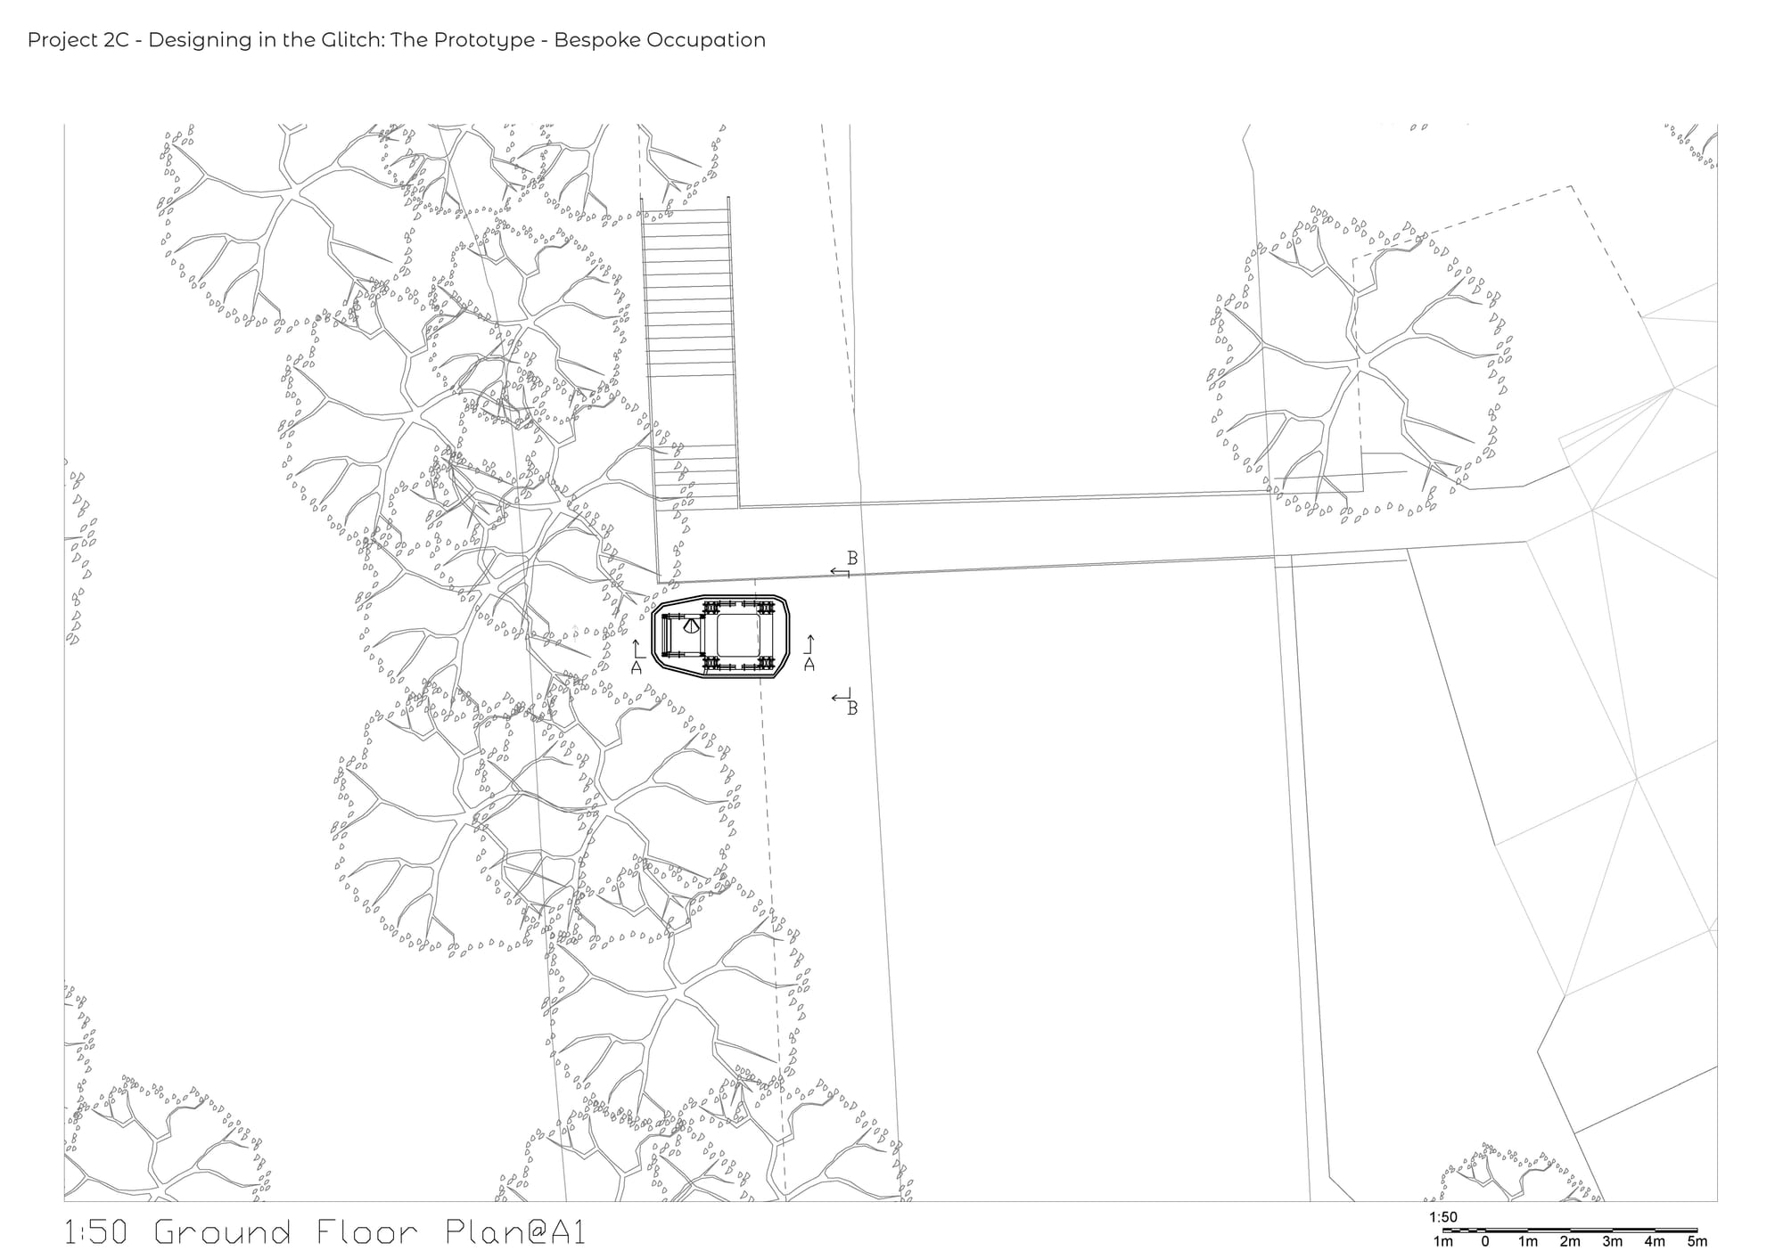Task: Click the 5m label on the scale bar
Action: (1697, 1241)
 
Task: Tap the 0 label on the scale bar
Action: (1485, 1241)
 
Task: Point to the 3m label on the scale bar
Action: (1613, 1241)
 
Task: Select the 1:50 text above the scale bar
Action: (1443, 1217)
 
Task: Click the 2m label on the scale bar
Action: (1570, 1241)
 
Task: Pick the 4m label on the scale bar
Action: (1655, 1241)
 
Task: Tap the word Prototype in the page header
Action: (496, 41)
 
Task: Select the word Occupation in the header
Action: (718, 41)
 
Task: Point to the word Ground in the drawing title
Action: (223, 1232)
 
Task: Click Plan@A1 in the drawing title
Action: (514, 1232)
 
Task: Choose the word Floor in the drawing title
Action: (367, 1232)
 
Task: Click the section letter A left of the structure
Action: (637, 666)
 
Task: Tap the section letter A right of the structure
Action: (809, 665)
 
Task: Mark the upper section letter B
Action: (852, 559)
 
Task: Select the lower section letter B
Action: (852, 709)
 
